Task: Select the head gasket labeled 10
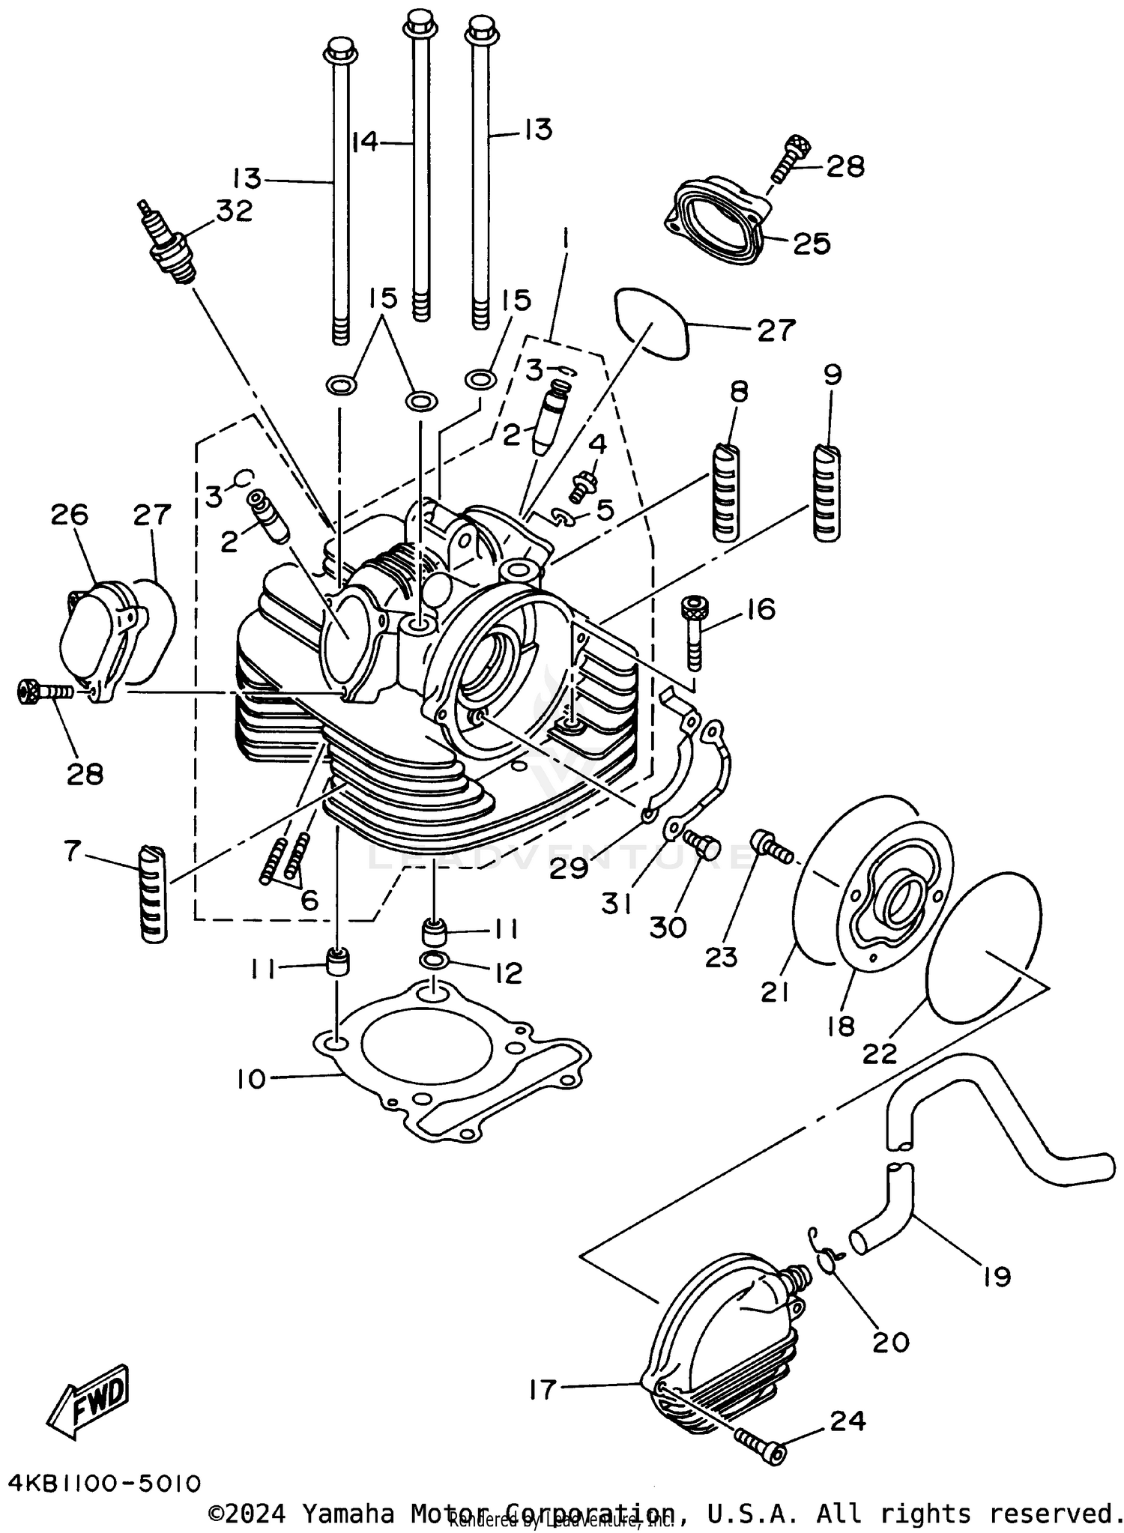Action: (450, 1065)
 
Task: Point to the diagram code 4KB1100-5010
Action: (105, 1483)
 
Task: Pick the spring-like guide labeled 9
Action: (827, 492)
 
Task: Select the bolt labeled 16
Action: (693, 633)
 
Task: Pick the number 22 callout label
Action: (880, 1052)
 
